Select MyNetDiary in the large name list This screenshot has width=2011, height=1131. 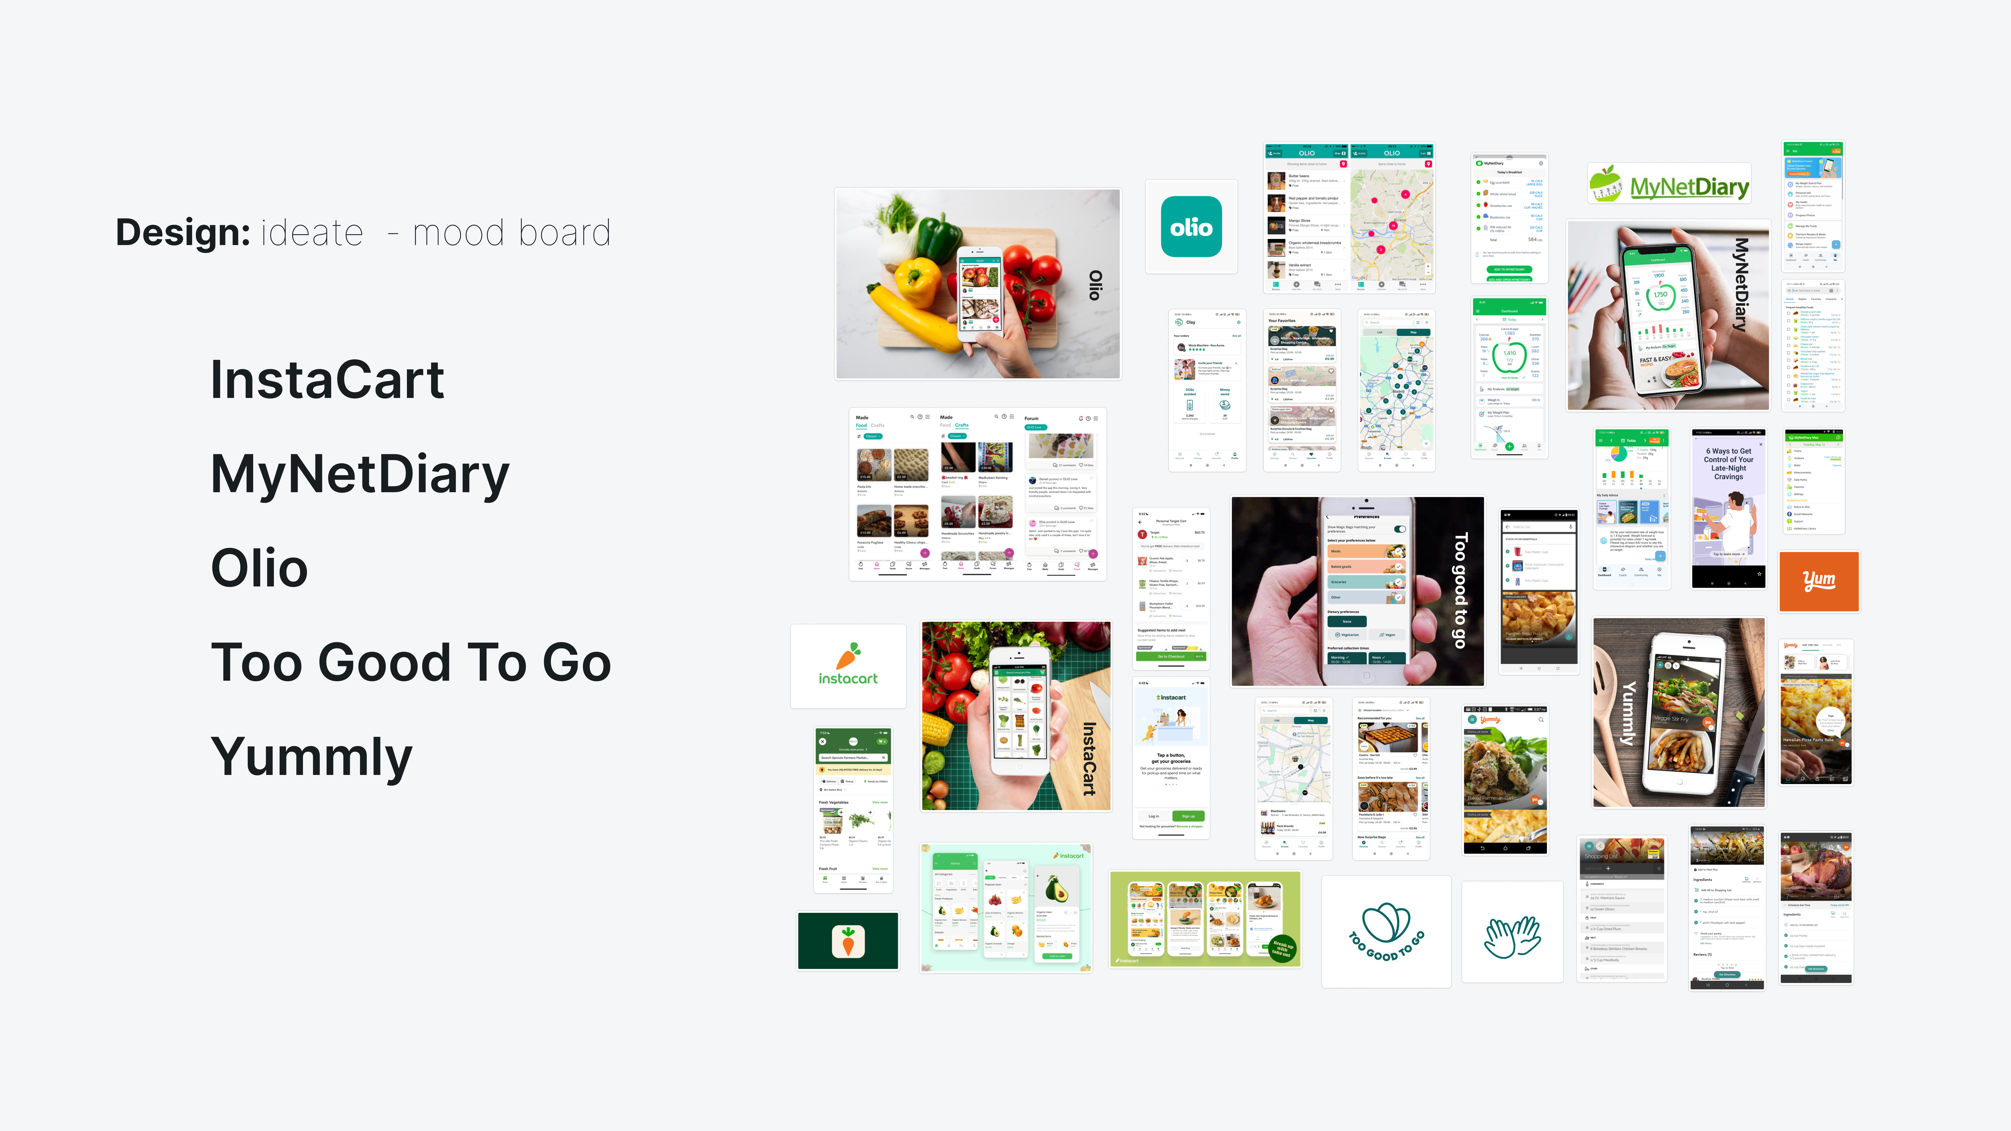[x=360, y=475]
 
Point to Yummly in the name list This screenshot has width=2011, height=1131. [x=311, y=756]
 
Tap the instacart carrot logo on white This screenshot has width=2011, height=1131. [x=848, y=666]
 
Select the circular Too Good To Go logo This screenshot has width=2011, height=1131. [x=1386, y=931]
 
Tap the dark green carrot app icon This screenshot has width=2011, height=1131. [x=848, y=941]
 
